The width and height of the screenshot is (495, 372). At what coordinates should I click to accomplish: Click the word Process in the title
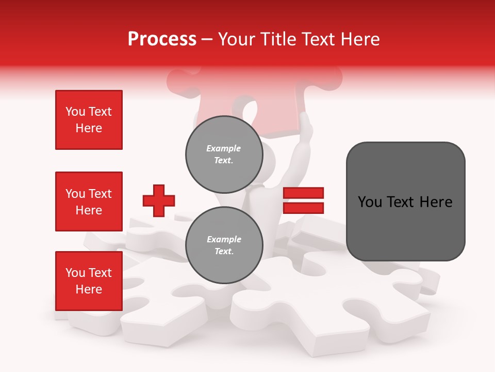162,39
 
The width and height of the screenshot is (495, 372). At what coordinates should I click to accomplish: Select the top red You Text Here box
89,120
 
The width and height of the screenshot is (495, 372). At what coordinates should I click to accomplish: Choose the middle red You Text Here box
89,202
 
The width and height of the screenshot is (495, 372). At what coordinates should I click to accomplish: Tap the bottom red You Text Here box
89,281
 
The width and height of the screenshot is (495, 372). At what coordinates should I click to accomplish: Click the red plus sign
159,200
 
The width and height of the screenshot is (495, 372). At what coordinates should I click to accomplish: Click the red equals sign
303,200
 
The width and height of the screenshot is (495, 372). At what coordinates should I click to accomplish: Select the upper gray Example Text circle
224,154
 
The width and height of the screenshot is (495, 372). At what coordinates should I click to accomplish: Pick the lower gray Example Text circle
224,245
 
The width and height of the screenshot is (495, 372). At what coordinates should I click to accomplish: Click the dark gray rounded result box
405,202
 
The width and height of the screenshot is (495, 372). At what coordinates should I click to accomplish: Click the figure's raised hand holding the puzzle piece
306,124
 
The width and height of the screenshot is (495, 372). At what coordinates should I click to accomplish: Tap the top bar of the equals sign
303,193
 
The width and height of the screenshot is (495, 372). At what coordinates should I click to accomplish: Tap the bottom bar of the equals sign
303,208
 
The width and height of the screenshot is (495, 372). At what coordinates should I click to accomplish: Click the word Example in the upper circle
224,148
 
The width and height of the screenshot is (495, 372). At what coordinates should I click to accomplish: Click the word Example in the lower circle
224,239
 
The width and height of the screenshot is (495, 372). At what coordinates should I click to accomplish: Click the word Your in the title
236,39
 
